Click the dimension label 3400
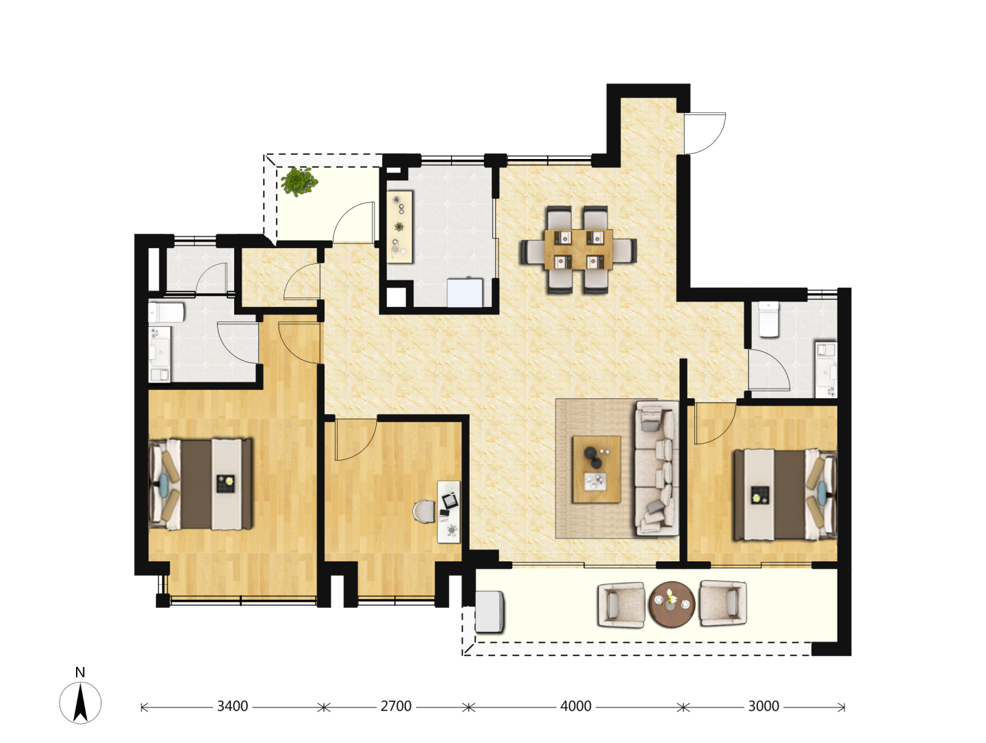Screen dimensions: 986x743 [232, 706]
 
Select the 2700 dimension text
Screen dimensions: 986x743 [396, 706]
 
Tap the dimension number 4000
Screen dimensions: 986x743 [575, 706]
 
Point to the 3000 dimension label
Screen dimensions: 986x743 [763, 706]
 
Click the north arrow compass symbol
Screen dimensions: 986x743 [80, 703]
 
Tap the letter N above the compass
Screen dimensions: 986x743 [80, 672]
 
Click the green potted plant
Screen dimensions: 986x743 [299, 182]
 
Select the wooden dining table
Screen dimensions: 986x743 [578, 249]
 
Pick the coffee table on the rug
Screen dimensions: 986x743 [596, 470]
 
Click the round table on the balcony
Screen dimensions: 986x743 [672, 604]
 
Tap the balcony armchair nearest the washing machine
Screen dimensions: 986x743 [622, 605]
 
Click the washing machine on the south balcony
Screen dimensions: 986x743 [489, 612]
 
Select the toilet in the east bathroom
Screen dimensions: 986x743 [768, 319]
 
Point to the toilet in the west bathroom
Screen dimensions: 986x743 [166, 312]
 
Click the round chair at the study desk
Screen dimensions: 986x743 [425, 513]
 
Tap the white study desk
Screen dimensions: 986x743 [448, 512]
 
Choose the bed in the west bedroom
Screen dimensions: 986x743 [201, 484]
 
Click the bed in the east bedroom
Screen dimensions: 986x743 [785, 494]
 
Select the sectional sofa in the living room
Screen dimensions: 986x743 [656, 468]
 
